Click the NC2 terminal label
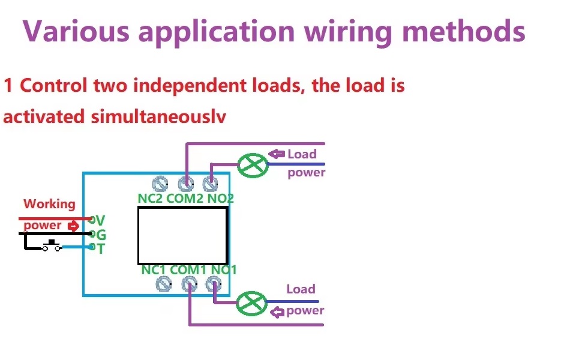point(151,198)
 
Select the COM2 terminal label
point(184,198)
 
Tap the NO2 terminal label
point(220,198)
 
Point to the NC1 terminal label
point(154,270)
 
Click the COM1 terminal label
point(188,270)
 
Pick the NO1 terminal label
point(223,270)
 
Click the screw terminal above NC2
point(160,184)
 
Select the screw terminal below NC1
point(163,284)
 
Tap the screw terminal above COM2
point(185,184)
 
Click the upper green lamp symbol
point(253,165)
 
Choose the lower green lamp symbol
point(251,303)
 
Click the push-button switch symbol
point(51,245)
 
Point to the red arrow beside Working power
point(73,226)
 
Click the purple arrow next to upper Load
point(277,154)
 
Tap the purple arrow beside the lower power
point(277,312)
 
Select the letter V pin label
point(100,220)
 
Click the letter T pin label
point(101,248)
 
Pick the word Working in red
point(49,204)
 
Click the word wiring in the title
point(348,32)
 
